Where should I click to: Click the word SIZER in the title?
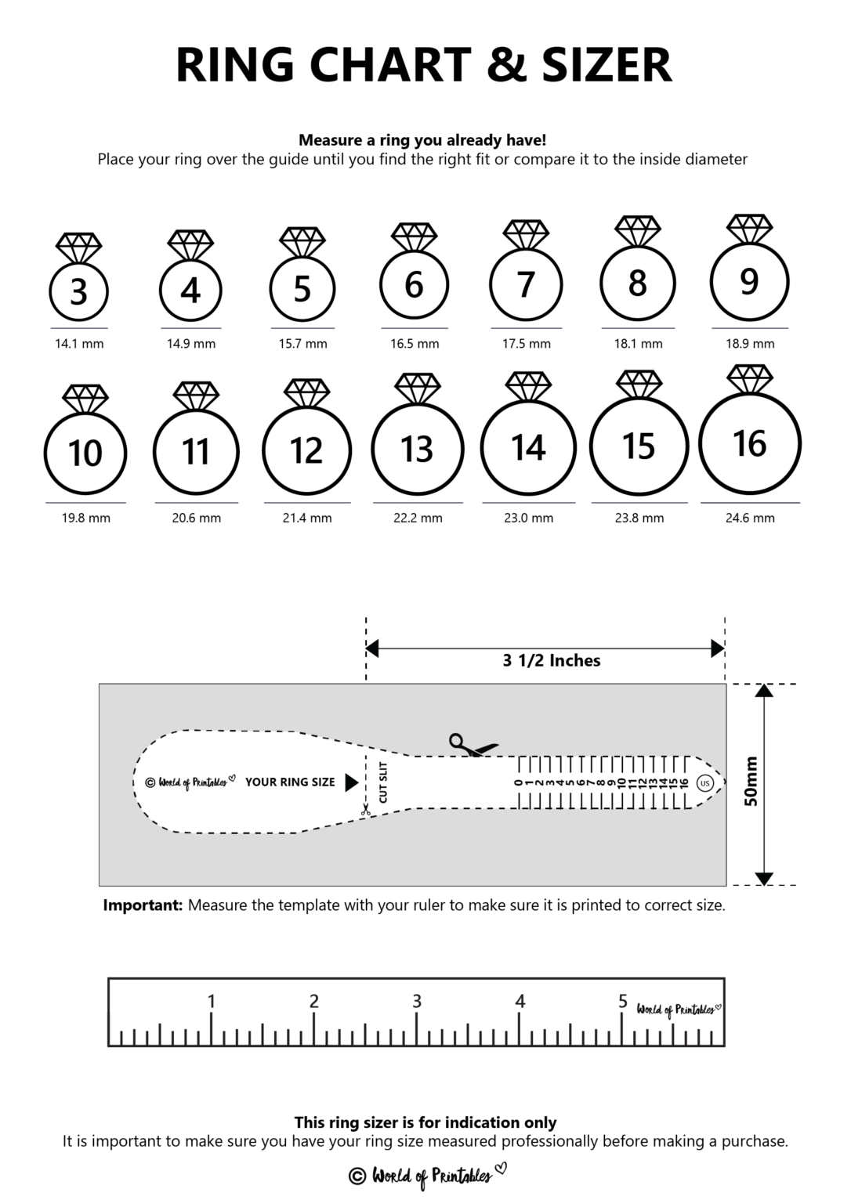click(607, 65)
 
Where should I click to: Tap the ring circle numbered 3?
click(78, 291)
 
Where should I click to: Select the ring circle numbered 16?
click(749, 443)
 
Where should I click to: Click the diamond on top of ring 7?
click(526, 234)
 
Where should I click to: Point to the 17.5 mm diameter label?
click(526, 344)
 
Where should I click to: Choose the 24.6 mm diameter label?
click(749, 518)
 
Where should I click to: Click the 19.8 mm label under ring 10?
click(85, 518)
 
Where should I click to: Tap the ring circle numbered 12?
click(306, 450)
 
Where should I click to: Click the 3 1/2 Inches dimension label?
click(551, 661)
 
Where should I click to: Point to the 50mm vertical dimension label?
click(750, 781)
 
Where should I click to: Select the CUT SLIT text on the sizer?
click(383, 782)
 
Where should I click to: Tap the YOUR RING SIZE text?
click(290, 782)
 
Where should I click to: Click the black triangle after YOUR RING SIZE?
click(352, 782)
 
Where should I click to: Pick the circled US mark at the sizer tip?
click(704, 783)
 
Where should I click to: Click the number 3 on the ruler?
click(417, 1001)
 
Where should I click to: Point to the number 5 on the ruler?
click(623, 1001)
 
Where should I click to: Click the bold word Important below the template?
click(143, 905)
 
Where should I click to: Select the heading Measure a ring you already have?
click(422, 140)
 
